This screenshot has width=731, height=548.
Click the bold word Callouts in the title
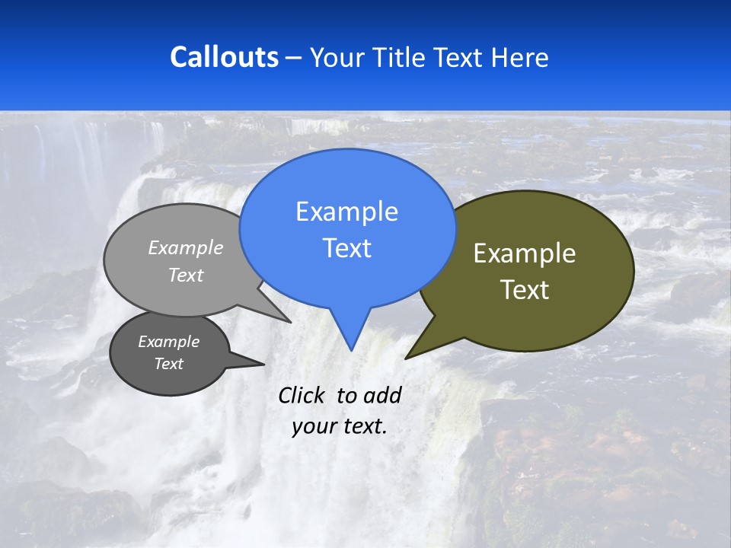tap(224, 57)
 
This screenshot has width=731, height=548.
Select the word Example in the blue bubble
tap(346, 212)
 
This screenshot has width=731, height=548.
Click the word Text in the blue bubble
tap(346, 248)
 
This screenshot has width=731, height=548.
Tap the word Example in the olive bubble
tap(525, 253)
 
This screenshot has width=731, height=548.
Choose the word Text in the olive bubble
tap(525, 290)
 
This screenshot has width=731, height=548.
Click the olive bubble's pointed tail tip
tap(407, 357)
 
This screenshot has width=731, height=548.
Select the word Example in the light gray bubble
tap(186, 247)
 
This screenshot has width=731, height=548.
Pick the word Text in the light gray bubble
tap(186, 276)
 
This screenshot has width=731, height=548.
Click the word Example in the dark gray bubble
tap(168, 342)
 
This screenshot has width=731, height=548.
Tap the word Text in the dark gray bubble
tap(168, 364)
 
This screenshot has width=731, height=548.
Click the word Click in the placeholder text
tap(302, 395)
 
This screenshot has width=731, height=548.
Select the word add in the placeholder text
tap(382, 395)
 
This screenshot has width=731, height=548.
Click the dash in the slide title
tap(294, 58)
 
